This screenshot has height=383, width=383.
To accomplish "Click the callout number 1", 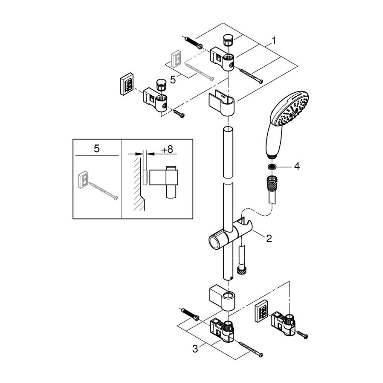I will (x=274, y=41).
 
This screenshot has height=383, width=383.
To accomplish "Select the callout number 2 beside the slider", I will (x=269, y=238).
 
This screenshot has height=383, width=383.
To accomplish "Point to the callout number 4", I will (x=297, y=167).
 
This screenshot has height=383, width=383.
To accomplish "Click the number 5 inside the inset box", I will (x=97, y=149).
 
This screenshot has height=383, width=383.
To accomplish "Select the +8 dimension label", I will (x=166, y=150).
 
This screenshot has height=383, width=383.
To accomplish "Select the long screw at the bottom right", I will (x=250, y=349).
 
